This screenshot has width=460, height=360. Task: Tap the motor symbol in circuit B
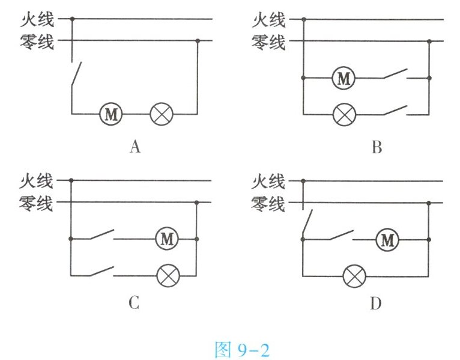click(343, 78)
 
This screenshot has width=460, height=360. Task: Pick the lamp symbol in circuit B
click(343, 114)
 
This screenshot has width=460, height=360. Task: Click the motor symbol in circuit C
click(167, 239)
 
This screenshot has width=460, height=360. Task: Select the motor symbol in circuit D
click(387, 240)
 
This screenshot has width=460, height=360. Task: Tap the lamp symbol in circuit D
click(353, 276)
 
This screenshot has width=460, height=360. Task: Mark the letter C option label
click(134, 304)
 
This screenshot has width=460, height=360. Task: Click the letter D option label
click(376, 304)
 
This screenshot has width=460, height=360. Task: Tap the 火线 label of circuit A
click(37, 20)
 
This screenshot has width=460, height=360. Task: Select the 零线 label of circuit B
click(268, 42)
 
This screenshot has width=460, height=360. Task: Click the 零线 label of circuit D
click(268, 203)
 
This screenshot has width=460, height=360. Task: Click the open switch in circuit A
click(74, 75)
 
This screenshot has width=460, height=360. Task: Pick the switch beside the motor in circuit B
click(395, 76)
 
